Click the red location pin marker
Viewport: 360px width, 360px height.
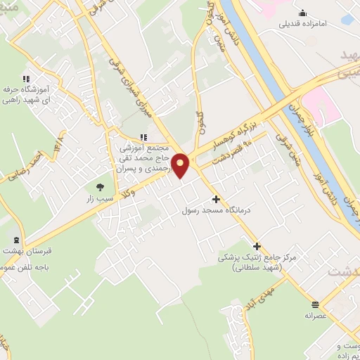pos(181,165)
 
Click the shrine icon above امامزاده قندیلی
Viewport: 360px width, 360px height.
pos(303,12)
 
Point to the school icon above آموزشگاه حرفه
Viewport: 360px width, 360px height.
pos(25,79)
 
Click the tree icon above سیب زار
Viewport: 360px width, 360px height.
pos(99,187)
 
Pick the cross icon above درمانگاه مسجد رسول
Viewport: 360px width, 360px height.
pos(216,200)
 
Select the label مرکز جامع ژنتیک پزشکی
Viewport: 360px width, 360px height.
pos(257,258)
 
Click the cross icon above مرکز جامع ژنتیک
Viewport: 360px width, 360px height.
pos(257,246)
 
